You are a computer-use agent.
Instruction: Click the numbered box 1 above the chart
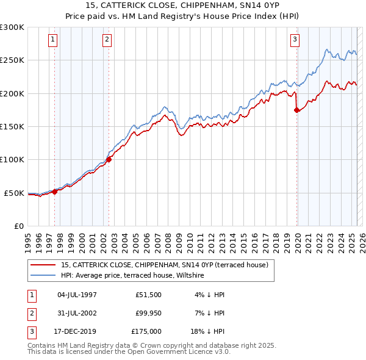(53, 40)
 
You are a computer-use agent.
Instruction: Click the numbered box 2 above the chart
(107, 40)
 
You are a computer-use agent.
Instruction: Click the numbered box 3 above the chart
(295, 40)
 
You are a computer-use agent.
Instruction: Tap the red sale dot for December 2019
(297, 110)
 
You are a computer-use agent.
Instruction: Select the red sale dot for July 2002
(109, 160)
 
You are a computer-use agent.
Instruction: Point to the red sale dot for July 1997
(55, 192)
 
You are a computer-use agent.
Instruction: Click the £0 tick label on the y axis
(19, 226)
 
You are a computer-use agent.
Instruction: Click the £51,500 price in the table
(148, 295)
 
